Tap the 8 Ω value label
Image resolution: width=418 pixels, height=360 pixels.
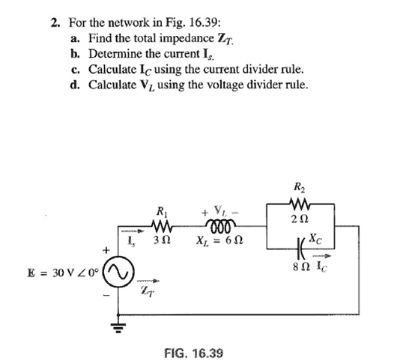[x=300, y=266]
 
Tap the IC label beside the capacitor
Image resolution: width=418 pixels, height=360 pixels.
[x=324, y=265]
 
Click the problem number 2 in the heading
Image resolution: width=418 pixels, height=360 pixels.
[x=54, y=22]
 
